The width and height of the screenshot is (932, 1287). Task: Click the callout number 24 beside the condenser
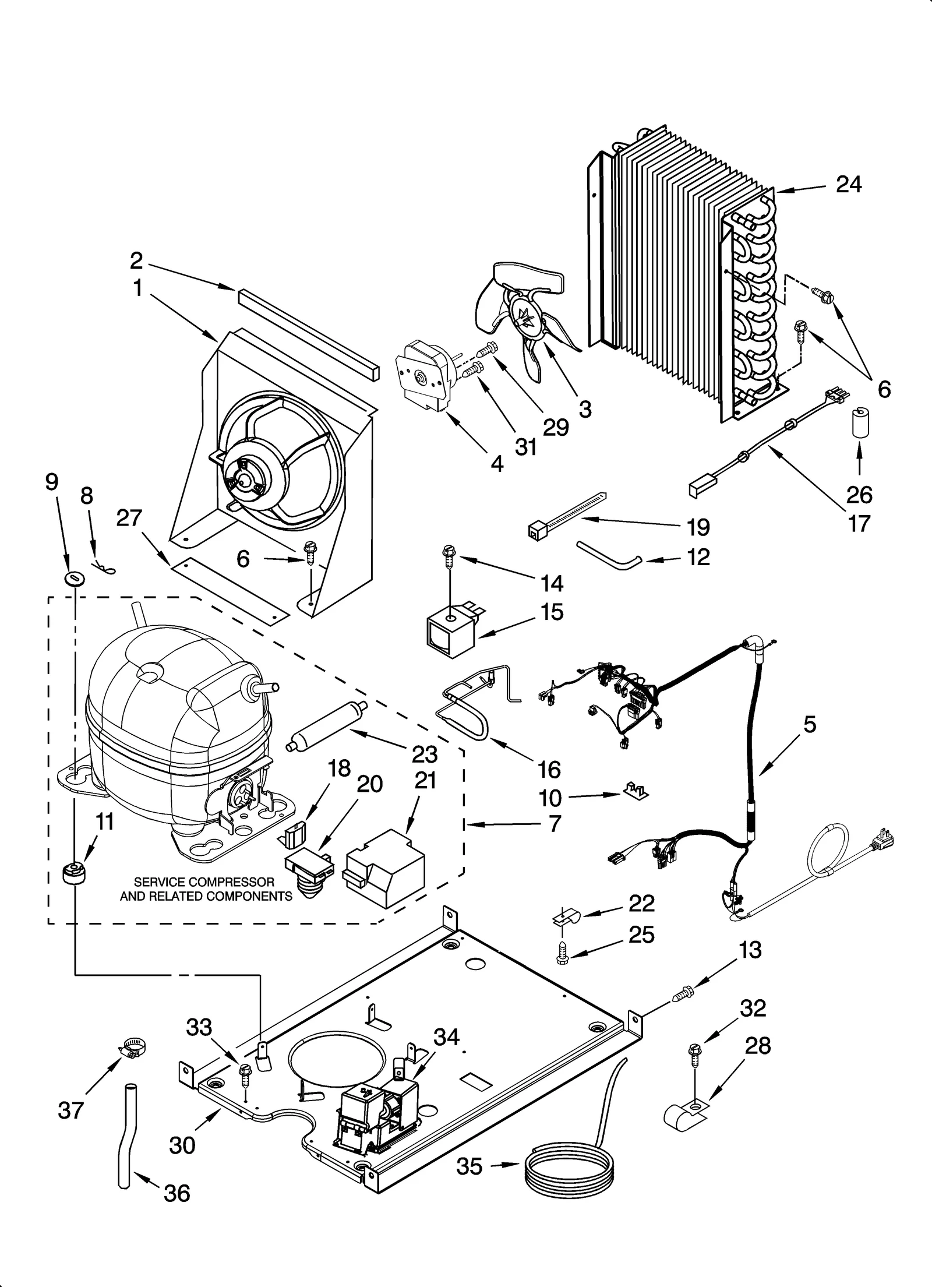click(848, 185)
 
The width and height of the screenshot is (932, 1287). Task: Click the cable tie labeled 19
click(565, 513)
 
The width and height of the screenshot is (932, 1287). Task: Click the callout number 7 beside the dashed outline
click(554, 824)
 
